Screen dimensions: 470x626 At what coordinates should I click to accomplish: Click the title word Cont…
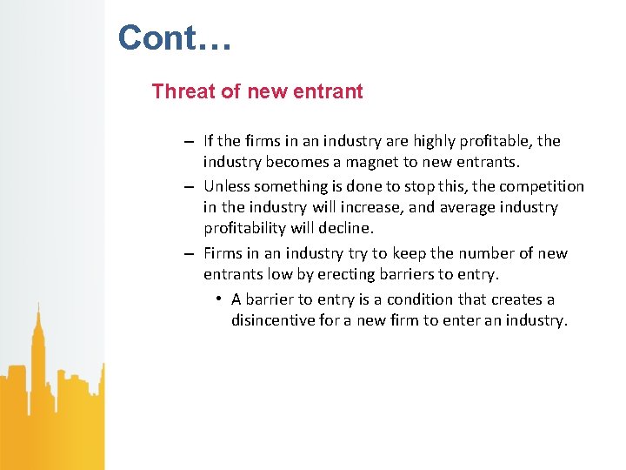point(175,37)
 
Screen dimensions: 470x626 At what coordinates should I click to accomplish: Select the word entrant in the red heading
point(330,91)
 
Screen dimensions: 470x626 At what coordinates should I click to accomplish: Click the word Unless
point(227,186)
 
